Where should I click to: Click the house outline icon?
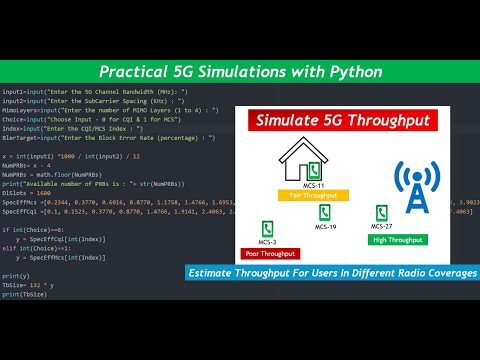point(300,166)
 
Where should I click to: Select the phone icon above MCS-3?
point(265,228)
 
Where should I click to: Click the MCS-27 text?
point(382,228)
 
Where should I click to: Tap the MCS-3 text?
point(265,243)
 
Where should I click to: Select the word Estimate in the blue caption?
point(218,273)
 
